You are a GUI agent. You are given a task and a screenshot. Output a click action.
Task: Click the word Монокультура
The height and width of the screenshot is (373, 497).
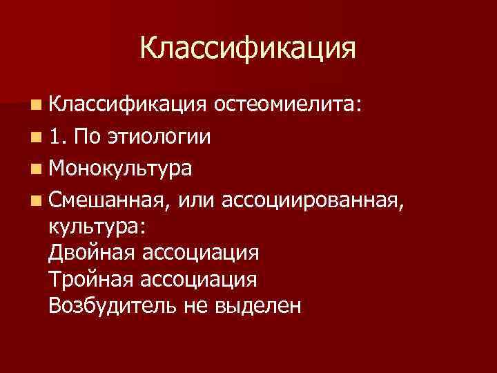pos(121,168)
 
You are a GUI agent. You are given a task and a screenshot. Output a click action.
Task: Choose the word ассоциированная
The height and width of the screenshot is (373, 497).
pos(304,200)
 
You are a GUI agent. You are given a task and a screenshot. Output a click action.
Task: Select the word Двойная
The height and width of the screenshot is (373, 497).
pos(92,252)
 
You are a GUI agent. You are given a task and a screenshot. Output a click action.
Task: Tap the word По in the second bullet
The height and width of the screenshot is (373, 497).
pos(89,136)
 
